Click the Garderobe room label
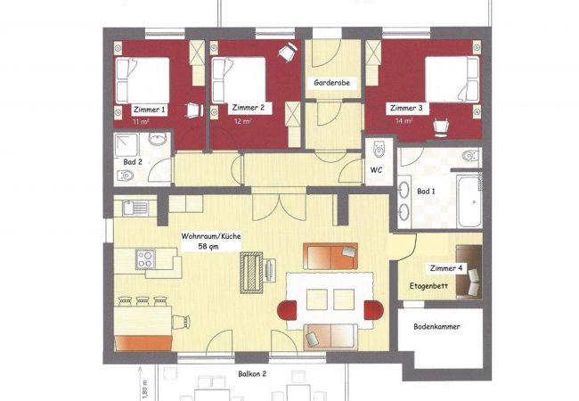331,82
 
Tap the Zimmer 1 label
149,110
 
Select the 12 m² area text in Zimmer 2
243,120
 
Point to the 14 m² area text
404,120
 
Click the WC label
376,170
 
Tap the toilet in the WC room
379,149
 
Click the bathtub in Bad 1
469,201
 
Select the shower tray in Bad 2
126,145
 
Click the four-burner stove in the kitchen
145,258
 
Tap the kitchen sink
135,208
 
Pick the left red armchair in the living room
287,310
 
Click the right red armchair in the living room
374,310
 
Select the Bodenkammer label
436,326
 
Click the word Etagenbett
428,286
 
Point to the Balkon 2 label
252,373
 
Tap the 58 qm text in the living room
208,246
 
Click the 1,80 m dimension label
144,390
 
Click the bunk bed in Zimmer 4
469,272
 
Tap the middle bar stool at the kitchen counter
143,301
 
